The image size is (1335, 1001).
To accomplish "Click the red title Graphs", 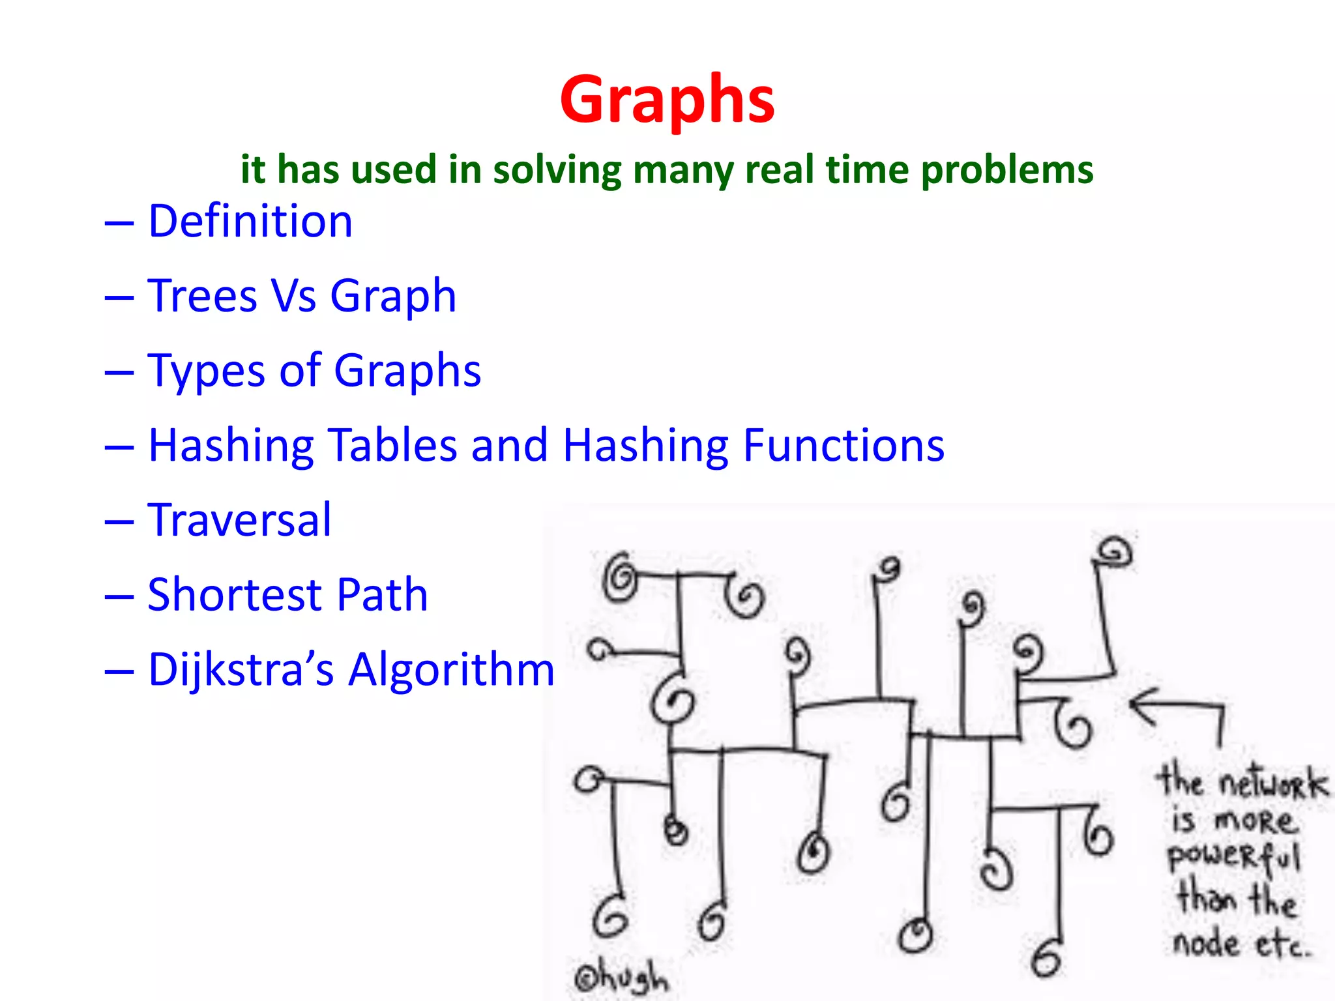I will coord(667,100).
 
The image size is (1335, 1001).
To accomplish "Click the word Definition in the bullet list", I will coord(250,221).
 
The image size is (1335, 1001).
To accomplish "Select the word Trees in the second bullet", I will coord(203,296).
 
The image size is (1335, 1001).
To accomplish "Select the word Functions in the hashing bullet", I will coord(844,445).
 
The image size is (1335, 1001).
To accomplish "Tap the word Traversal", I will coord(239,520).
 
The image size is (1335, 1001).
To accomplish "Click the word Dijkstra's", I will coord(241,670).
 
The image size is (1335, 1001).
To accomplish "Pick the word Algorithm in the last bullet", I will coord(451,670).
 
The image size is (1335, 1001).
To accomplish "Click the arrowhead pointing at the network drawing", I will coord(1141,705).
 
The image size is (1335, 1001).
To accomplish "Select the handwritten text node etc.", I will coord(1240,943).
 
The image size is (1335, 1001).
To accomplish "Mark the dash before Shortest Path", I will coord(119,596).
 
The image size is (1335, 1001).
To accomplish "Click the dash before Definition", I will coord(119,223).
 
